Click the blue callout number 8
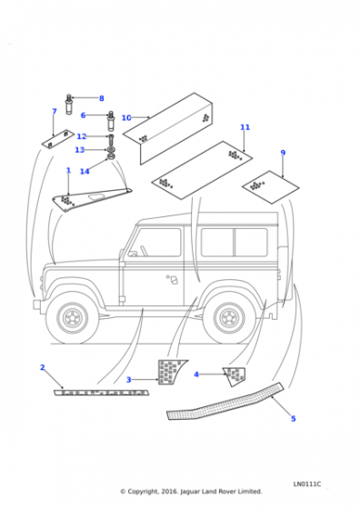point(101,98)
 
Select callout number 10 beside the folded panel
point(126,118)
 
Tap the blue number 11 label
point(245,127)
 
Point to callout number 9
point(283,153)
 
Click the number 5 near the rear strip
point(293,419)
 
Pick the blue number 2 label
point(42,367)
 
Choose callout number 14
point(85,171)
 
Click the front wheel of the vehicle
point(72,317)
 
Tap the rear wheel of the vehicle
point(229,317)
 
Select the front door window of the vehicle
point(156,243)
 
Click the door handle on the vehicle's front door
point(173,280)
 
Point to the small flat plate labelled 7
point(58,139)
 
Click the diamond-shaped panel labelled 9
point(270,187)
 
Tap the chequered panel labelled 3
point(170,372)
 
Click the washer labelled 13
point(111,150)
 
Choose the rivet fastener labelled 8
point(69,104)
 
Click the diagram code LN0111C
point(307,484)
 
